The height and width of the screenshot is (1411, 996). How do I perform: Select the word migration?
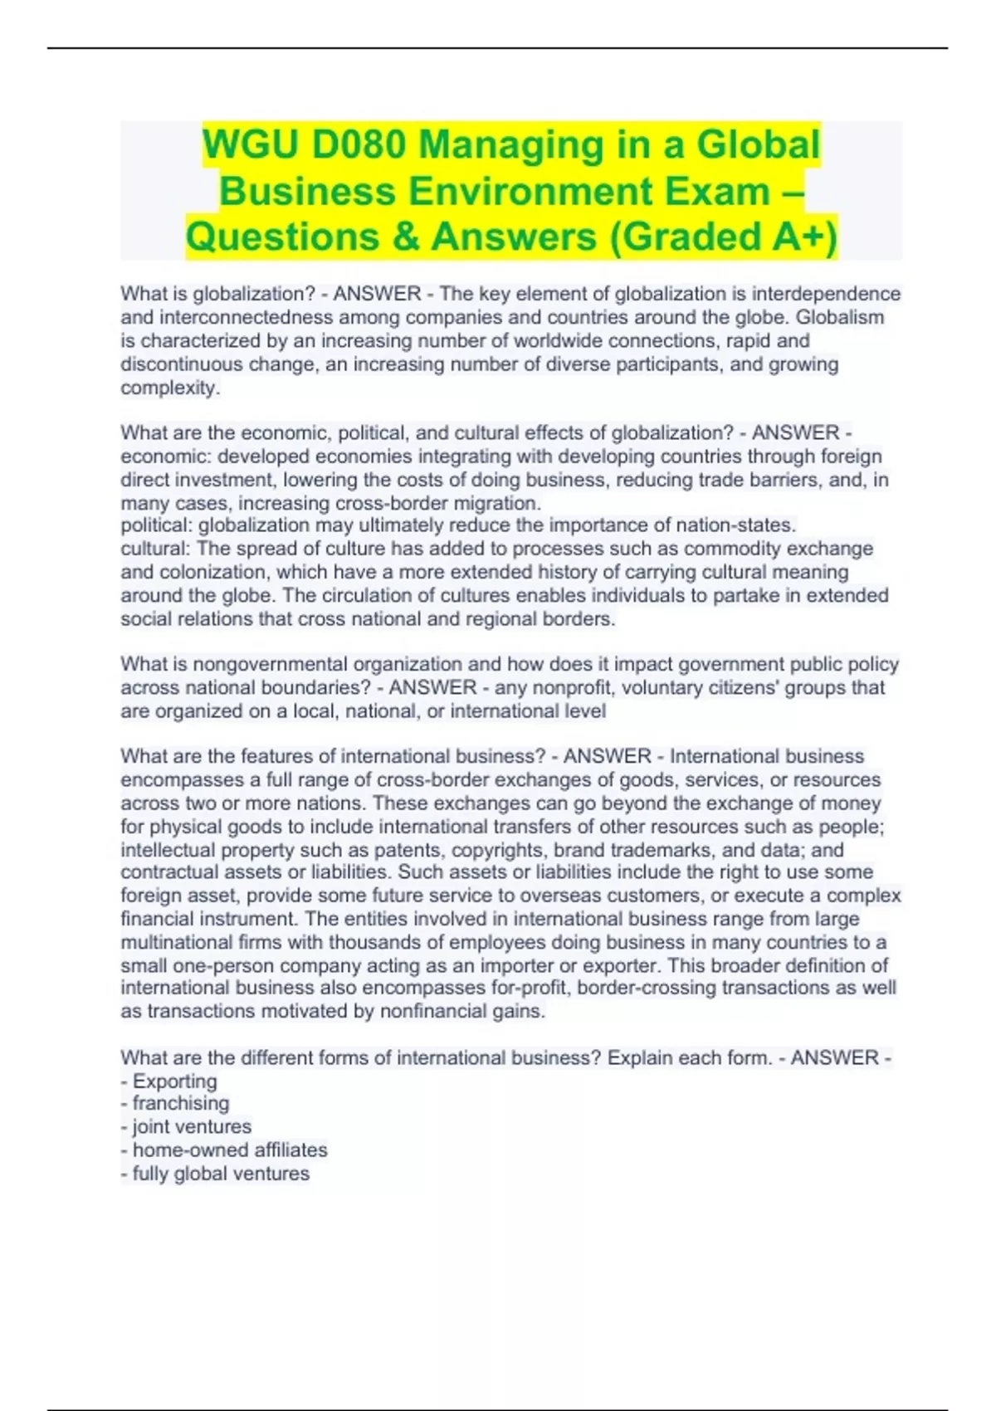[x=501, y=503]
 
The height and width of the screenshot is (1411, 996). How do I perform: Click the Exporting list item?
[x=174, y=1081]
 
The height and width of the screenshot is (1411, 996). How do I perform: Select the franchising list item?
[x=180, y=1103]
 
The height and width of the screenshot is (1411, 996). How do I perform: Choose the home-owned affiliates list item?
[x=230, y=1150]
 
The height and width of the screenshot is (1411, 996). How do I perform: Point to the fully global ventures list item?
[x=221, y=1174]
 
